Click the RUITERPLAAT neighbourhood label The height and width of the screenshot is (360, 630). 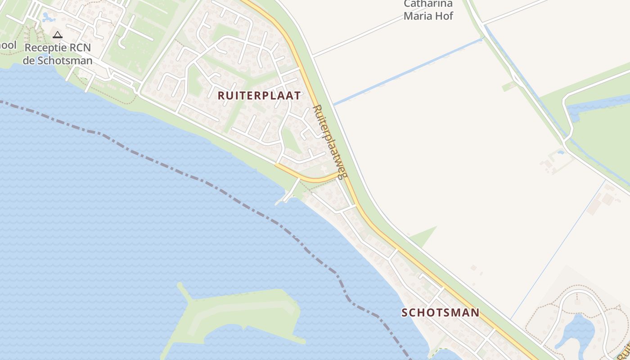click(259, 95)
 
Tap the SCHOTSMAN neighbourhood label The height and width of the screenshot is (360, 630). click(440, 312)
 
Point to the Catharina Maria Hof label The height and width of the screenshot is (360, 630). click(428, 10)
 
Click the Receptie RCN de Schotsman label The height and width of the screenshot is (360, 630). click(58, 54)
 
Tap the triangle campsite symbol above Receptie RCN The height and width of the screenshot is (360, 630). click(57, 35)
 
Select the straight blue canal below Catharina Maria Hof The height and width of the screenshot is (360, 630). click(405, 72)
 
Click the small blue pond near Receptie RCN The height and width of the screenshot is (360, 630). click(47, 17)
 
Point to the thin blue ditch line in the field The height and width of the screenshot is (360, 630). click(558, 247)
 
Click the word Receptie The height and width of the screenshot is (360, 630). click(44, 48)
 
